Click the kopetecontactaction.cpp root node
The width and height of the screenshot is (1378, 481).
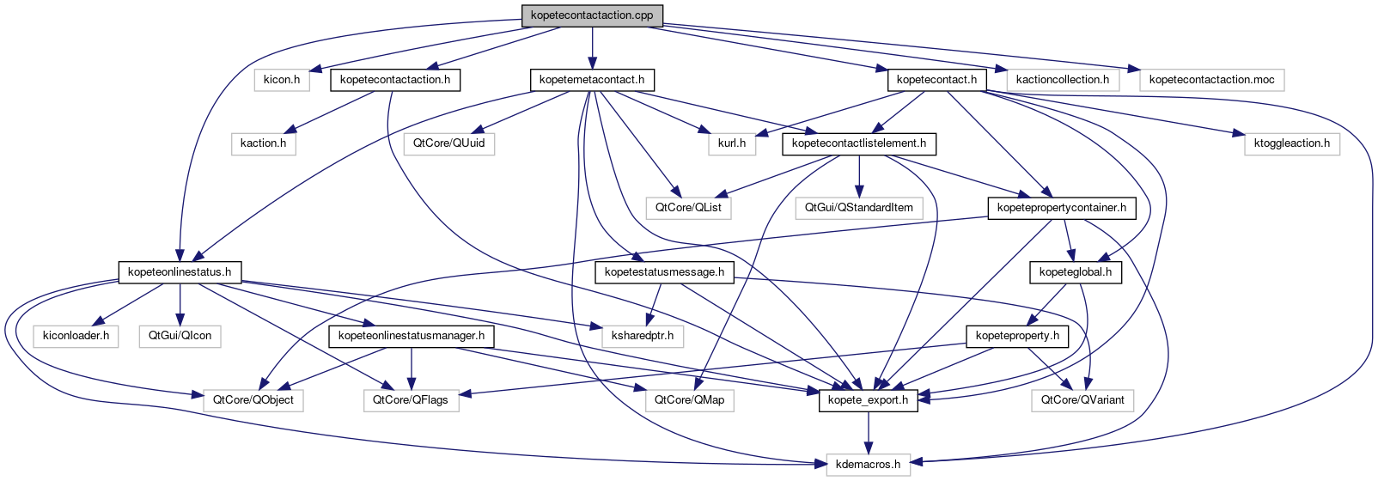click(x=592, y=15)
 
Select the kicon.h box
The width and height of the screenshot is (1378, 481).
click(x=282, y=80)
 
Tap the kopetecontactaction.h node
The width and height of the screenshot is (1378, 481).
click(x=395, y=80)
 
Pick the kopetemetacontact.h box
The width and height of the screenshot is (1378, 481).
click(x=592, y=80)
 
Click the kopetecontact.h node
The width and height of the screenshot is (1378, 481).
click(x=936, y=80)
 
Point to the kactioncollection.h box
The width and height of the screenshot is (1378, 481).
click(x=1062, y=80)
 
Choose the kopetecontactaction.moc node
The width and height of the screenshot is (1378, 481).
click(x=1211, y=80)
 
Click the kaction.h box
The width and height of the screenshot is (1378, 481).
click(x=263, y=143)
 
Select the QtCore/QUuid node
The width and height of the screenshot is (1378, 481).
click(x=448, y=143)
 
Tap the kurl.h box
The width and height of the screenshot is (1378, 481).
click(x=732, y=143)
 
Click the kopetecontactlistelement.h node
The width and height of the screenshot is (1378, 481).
click(x=858, y=143)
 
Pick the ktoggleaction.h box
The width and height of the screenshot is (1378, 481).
click(x=1291, y=143)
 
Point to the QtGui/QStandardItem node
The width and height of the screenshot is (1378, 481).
click(x=858, y=208)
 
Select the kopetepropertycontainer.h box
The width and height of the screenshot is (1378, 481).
click(x=1062, y=208)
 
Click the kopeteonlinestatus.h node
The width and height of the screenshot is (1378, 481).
click(x=180, y=272)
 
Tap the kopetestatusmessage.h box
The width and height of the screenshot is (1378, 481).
click(x=664, y=272)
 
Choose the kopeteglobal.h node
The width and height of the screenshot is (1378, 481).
click(x=1075, y=272)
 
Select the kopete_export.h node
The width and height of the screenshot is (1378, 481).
click(x=868, y=400)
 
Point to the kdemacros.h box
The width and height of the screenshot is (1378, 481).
click(x=868, y=465)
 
